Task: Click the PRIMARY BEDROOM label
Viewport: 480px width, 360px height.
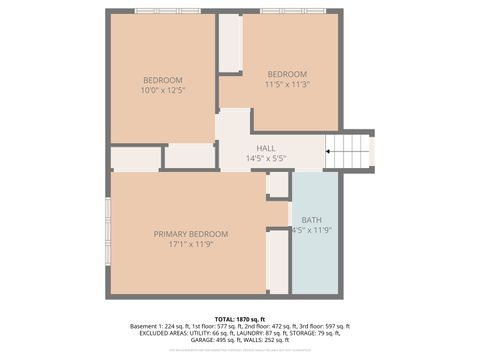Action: pos(191,234)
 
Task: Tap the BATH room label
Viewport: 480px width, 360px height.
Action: pos(311,219)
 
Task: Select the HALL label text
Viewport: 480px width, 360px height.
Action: pos(266,148)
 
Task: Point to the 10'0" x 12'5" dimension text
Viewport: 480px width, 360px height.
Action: pos(163,90)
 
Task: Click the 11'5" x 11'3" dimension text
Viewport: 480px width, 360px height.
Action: pos(286,84)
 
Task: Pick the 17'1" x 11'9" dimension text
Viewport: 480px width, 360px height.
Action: pos(191,244)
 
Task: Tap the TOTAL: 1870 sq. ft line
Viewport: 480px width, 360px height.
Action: pos(239,318)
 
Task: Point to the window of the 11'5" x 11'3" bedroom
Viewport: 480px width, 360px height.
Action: pos(291,11)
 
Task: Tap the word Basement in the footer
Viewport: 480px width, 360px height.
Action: pos(145,327)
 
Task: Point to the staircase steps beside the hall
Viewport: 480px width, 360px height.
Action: pos(349,153)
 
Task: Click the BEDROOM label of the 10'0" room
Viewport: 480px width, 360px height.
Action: pos(163,80)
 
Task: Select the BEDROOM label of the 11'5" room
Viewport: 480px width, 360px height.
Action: pos(286,74)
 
